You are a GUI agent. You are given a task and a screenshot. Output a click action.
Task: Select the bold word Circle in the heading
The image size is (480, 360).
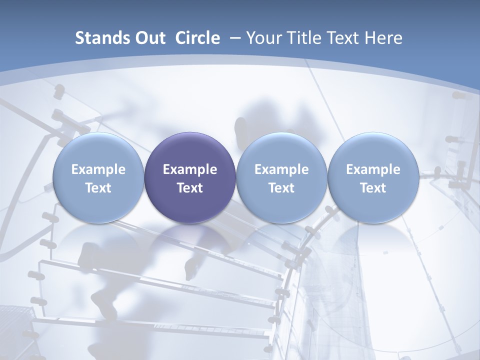point(197,38)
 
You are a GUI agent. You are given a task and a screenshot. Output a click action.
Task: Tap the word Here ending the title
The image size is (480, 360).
point(383,38)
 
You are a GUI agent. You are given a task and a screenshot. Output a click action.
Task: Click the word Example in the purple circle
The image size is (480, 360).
point(190,169)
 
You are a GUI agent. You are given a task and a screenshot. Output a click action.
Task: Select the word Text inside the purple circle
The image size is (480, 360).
point(190,188)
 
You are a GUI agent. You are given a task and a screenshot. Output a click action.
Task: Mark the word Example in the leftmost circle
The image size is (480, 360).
point(98,169)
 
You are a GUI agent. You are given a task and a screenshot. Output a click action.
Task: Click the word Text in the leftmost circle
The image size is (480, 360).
point(98,188)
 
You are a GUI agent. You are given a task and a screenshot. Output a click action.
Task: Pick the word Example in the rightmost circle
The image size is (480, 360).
point(373,169)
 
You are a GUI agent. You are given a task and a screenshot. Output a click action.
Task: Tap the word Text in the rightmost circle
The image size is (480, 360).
point(373,188)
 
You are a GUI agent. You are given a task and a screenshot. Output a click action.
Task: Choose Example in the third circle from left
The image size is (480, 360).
point(281,169)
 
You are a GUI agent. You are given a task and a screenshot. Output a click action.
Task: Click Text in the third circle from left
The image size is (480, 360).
point(281,188)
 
